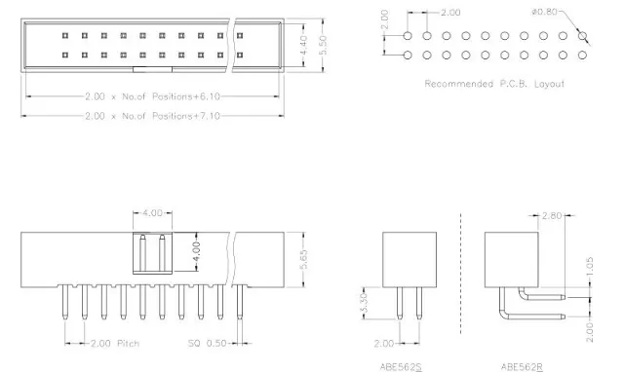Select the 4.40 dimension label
(276, 45)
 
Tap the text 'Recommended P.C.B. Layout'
(494, 84)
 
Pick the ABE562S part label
(401, 366)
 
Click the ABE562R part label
(521, 366)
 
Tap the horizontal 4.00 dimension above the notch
(152, 213)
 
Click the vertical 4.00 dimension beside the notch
(196, 250)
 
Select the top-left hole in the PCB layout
(407, 36)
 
